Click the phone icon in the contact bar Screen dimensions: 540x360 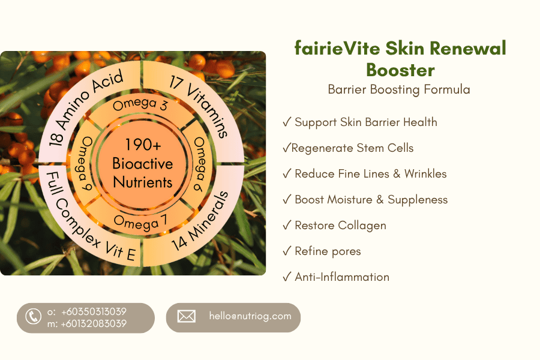pyautogui.click(x=34, y=317)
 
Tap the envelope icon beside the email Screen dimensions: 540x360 pyautogui.click(x=187, y=316)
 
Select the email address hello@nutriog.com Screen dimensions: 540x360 pyautogui.click(x=250, y=316)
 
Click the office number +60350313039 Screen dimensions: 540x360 pyautogui.click(x=94, y=311)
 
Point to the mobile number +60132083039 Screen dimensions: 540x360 pyautogui.click(x=94, y=323)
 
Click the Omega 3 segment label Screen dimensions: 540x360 pyautogui.click(x=140, y=104)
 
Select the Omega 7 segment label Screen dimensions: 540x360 pyautogui.click(x=140, y=223)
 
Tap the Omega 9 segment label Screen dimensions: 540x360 pyautogui.click(x=85, y=163)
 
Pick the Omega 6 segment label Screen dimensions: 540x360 pyautogui.click(x=199, y=164)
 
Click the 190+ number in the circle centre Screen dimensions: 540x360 pyautogui.click(x=143, y=145)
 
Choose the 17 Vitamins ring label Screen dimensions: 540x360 pyautogui.click(x=199, y=106)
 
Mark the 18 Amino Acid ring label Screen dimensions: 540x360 pyautogui.click(x=85, y=107)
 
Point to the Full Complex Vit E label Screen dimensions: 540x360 pyautogui.click(x=88, y=220)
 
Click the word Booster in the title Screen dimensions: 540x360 pyautogui.click(x=400, y=70)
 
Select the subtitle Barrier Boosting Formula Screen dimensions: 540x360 pyautogui.click(x=399, y=89)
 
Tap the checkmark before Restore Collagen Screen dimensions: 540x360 pyautogui.click(x=287, y=225)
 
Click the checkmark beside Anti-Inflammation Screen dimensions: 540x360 pyautogui.click(x=287, y=277)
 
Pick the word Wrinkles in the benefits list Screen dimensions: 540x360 pyautogui.click(x=425, y=173)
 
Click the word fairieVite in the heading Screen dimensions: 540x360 pyautogui.click(x=337, y=48)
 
